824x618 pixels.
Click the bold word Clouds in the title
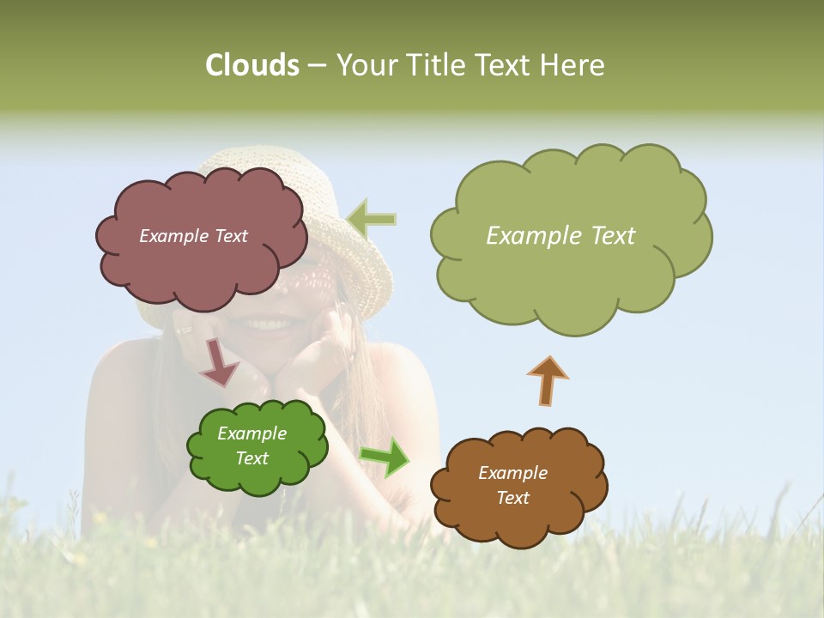(251, 65)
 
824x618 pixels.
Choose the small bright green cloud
(257, 476)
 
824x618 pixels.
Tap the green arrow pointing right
(385, 457)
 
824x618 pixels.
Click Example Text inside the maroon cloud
(193, 236)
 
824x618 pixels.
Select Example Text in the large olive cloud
(560, 236)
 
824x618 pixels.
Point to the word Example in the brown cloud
(512, 473)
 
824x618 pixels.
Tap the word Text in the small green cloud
(251, 458)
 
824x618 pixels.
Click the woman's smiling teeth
(268, 324)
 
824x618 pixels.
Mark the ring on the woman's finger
(185, 329)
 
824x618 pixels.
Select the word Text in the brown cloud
(512, 498)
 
